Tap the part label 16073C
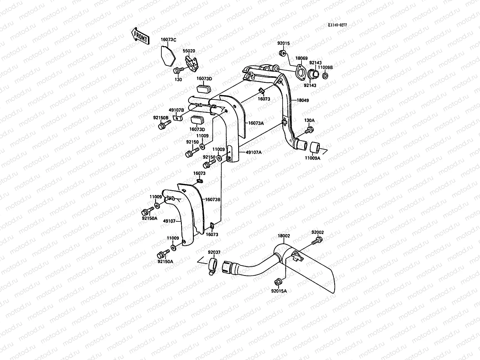[x=168, y=40]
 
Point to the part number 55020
[x=189, y=51]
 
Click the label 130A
[x=309, y=120]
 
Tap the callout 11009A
[x=313, y=158]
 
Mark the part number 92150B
[x=160, y=117]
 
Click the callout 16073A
[x=256, y=123]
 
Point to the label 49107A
[x=253, y=152]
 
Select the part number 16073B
[x=213, y=199]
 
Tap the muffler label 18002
[x=283, y=236]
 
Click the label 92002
[x=317, y=232]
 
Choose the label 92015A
[x=279, y=291]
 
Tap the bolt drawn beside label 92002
[x=317, y=240]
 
